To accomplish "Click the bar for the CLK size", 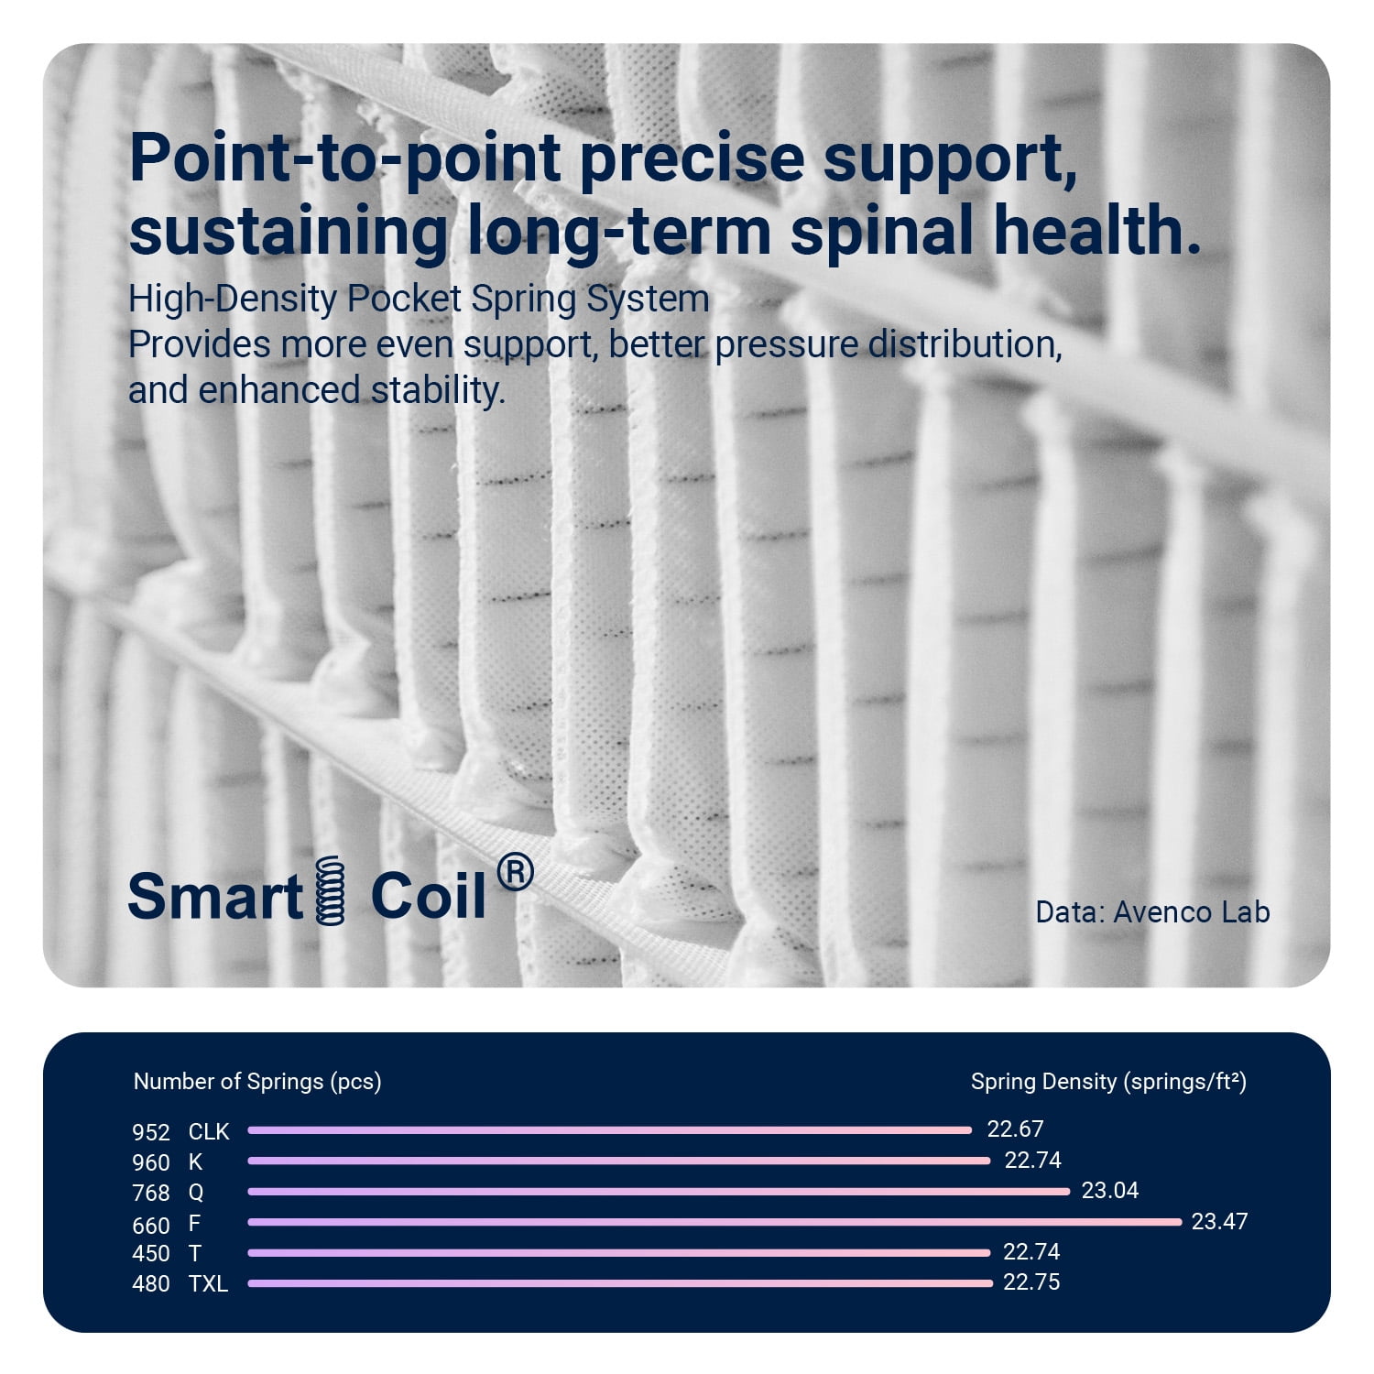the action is pyautogui.click(x=609, y=1130).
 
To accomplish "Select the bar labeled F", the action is pyautogui.click(x=714, y=1222).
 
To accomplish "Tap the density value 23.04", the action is pyautogui.click(x=1110, y=1191).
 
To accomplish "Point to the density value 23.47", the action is pyautogui.click(x=1219, y=1221).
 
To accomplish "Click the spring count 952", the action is pyautogui.click(x=151, y=1133).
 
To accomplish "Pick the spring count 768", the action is pyautogui.click(x=151, y=1194).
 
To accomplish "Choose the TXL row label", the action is pyautogui.click(x=208, y=1284).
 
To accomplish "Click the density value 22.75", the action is pyautogui.click(x=1031, y=1282).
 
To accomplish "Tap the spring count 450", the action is pyautogui.click(x=151, y=1254).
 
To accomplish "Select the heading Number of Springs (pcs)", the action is pyautogui.click(x=257, y=1082).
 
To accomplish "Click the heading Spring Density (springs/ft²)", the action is pyautogui.click(x=1108, y=1082).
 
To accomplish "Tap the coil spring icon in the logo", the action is pyautogui.click(x=330, y=889).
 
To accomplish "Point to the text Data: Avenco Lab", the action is pyautogui.click(x=1152, y=912).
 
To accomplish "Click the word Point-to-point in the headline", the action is pyautogui.click(x=345, y=159).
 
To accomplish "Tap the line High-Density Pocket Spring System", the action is pyautogui.click(x=419, y=300).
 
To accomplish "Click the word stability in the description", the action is pyautogui.click(x=438, y=391).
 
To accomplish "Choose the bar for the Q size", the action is pyautogui.click(x=659, y=1192).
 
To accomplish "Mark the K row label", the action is pyautogui.click(x=195, y=1162).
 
